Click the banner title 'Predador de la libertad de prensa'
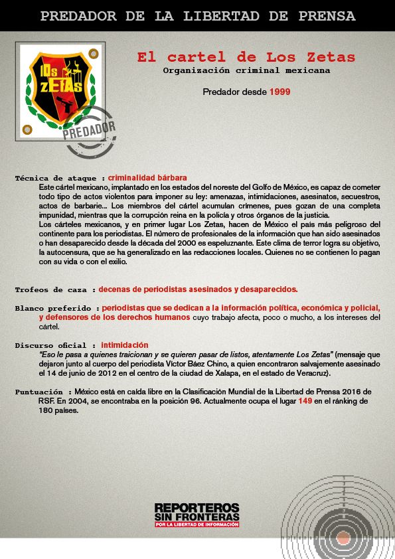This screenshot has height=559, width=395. pyautogui.click(x=197, y=16)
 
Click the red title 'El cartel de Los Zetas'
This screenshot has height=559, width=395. pyautogui.click(x=246, y=57)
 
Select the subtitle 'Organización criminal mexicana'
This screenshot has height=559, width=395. pyautogui.click(x=246, y=70)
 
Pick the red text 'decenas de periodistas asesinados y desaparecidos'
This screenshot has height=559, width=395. pyautogui.click(x=198, y=289)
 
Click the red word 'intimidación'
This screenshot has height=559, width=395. pyautogui.click(x=125, y=345)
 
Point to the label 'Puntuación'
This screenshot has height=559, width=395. pyautogui.click(x=40, y=392)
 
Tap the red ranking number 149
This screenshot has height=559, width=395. pyautogui.click(x=305, y=402)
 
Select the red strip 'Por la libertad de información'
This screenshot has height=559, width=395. pyautogui.click(x=197, y=524)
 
